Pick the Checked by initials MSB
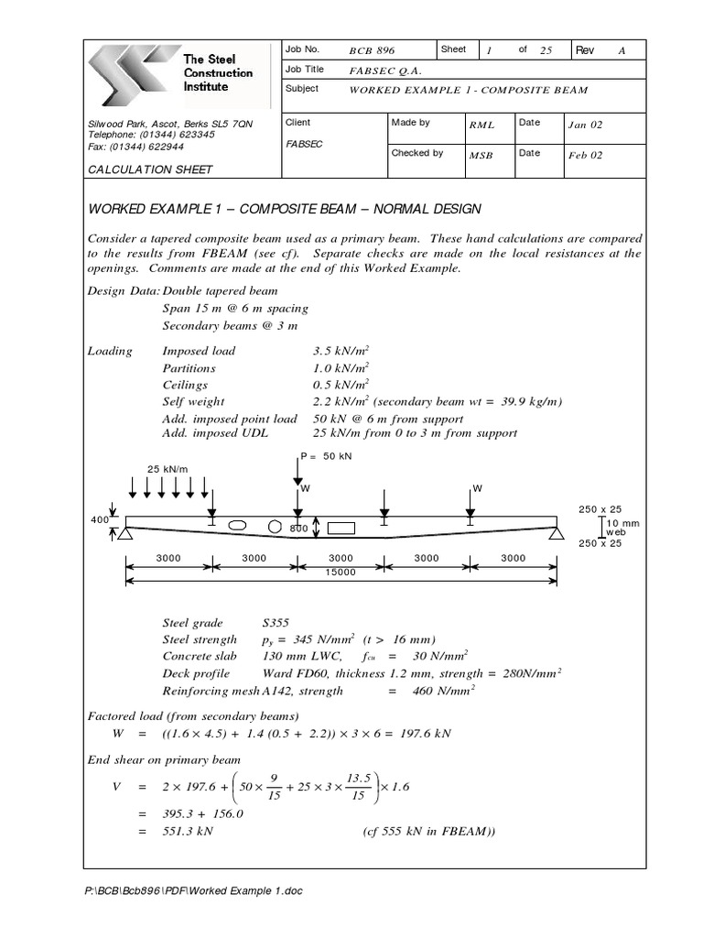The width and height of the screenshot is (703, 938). click(x=481, y=156)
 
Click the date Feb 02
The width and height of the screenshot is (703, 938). click(x=585, y=156)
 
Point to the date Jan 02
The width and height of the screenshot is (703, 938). click(x=585, y=125)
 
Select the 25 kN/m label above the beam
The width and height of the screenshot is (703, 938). click(x=167, y=469)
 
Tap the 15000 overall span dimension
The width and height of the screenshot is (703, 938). click(x=340, y=572)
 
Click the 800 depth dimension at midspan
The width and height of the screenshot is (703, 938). click(x=299, y=529)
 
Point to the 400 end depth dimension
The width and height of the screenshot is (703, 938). click(x=99, y=520)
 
